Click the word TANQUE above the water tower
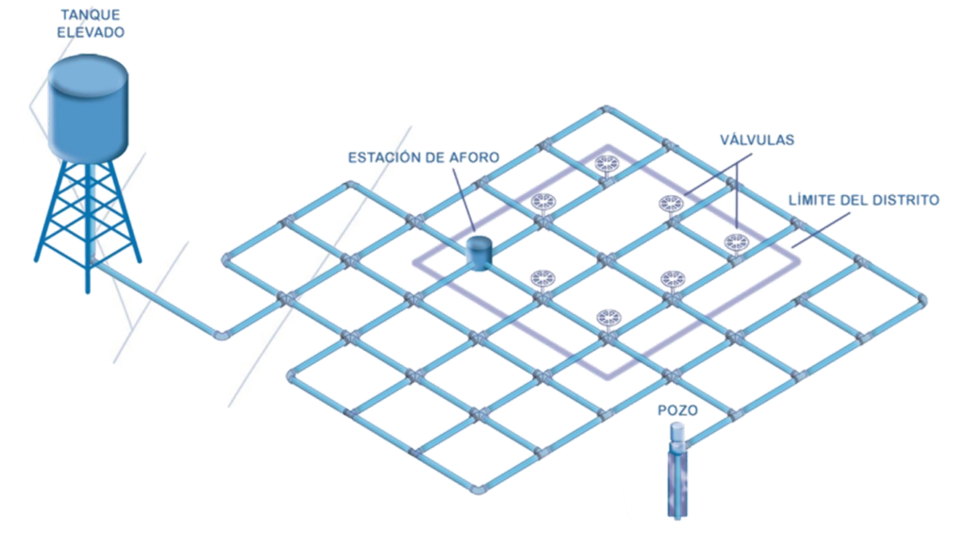coord(90,15)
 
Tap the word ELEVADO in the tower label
coord(91,32)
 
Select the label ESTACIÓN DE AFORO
coord(424,157)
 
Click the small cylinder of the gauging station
coord(479,252)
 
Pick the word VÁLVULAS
coord(758,140)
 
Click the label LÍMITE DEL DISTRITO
coord(864,200)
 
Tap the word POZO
coord(677,410)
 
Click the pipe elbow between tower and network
coord(221,336)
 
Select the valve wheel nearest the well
coord(608,319)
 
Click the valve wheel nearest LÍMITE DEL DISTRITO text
coord(736,242)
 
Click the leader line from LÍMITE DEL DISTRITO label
coord(821,230)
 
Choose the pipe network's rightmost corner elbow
coord(921,301)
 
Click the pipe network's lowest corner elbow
coord(478,489)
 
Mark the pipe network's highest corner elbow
coord(607,110)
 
